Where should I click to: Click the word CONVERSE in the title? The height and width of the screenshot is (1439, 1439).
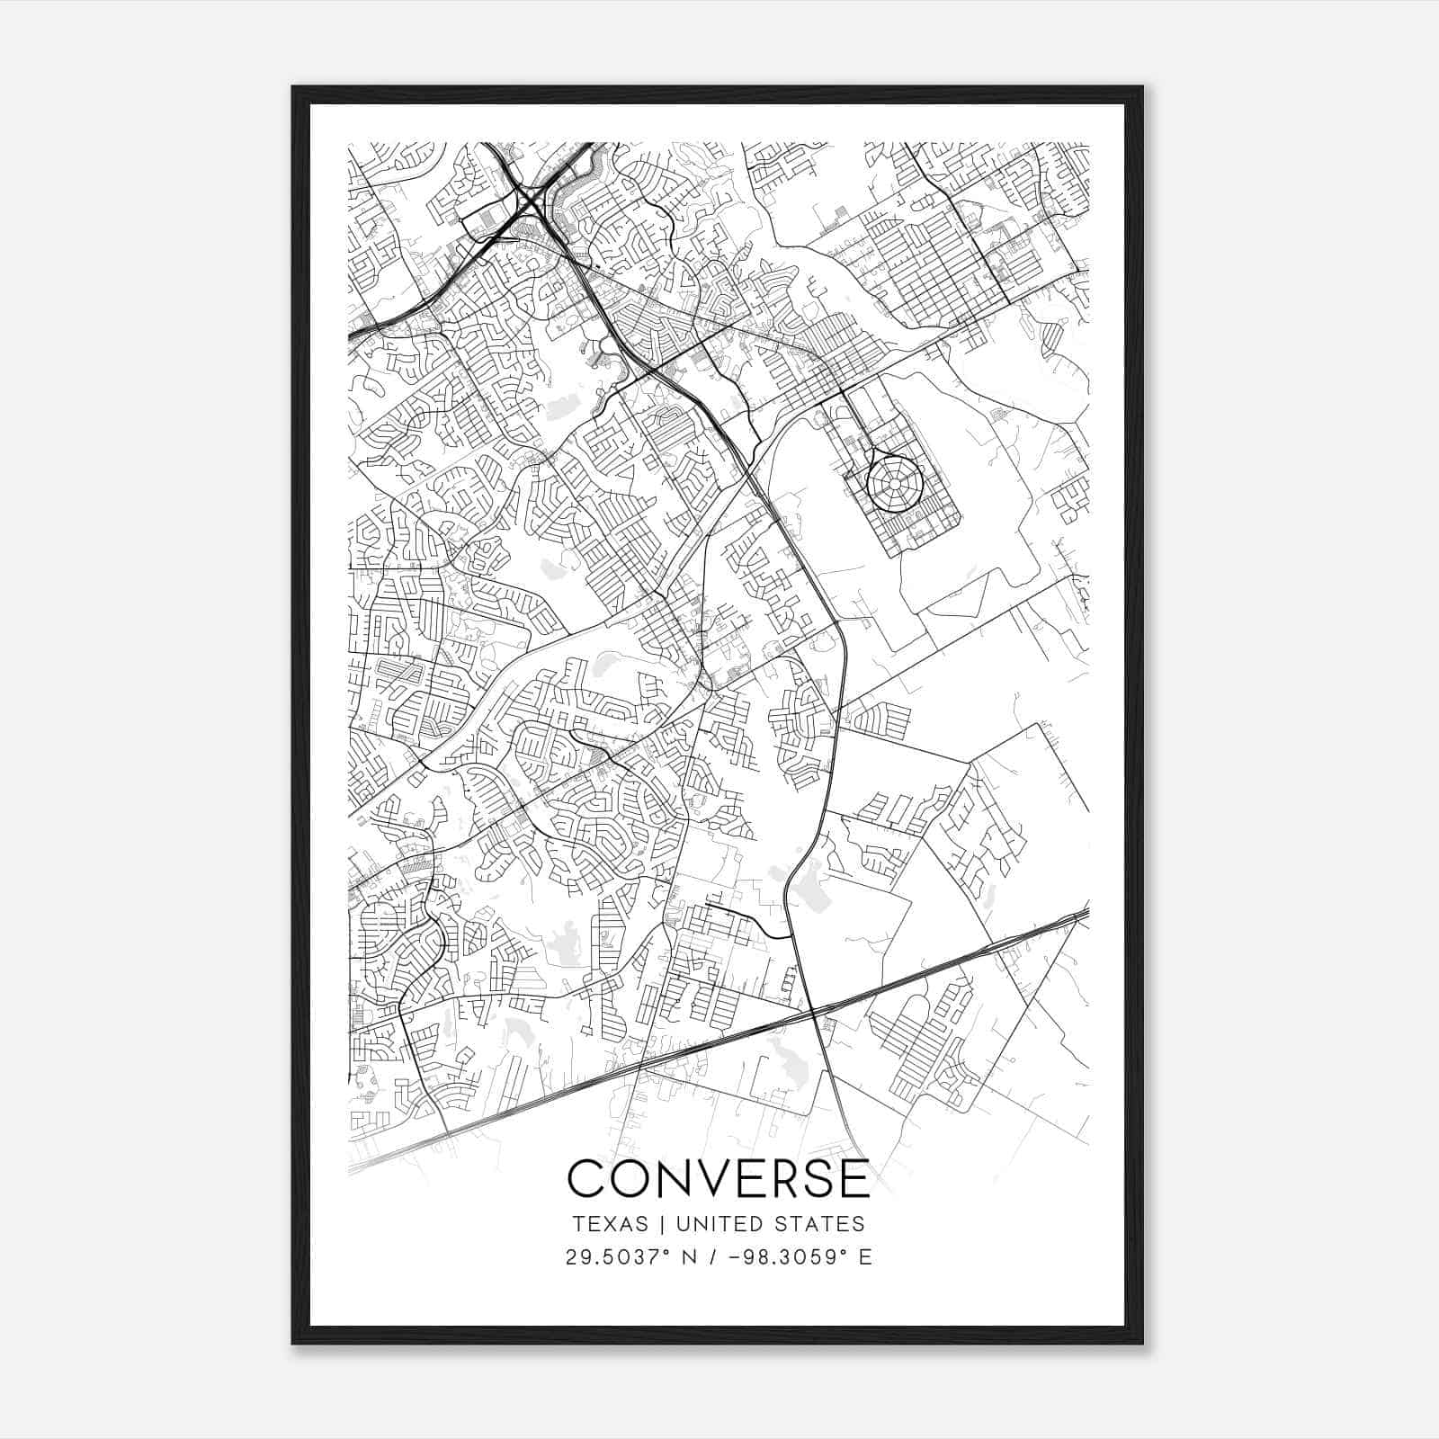[x=719, y=1179]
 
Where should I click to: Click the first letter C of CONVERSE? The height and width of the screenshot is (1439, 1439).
[x=586, y=1179]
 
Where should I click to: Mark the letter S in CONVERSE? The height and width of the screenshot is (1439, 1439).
[x=818, y=1179]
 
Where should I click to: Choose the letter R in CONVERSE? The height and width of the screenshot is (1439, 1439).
[x=782, y=1179]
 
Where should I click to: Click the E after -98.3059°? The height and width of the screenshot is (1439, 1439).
[x=865, y=1256]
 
